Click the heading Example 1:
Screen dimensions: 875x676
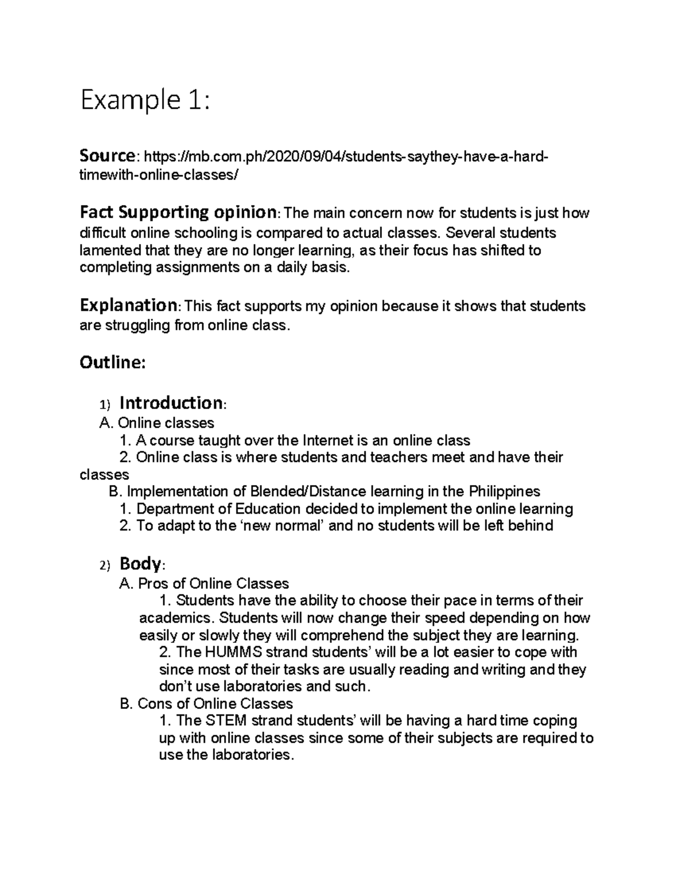145,102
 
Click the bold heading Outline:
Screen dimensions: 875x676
113,362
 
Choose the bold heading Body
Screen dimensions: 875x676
140,563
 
